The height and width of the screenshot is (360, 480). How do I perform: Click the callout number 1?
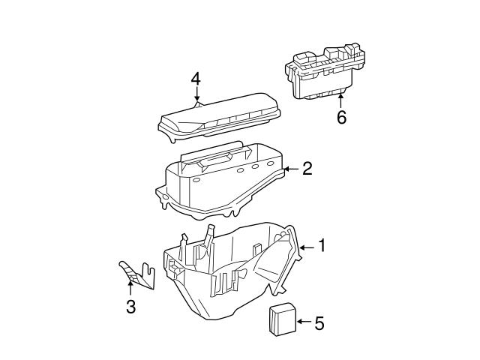(322, 245)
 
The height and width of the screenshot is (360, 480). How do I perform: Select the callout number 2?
(307, 168)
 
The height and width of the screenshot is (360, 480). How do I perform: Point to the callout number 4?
(196, 79)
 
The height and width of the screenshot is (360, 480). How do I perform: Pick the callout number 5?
(319, 323)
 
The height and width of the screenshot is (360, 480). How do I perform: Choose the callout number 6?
(341, 118)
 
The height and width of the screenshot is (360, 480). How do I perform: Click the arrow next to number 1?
(306, 246)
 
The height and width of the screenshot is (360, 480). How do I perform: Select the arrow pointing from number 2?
(291, 169)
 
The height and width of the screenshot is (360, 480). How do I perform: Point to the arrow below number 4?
(196, 96)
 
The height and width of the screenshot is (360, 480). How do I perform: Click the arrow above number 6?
(341, 98)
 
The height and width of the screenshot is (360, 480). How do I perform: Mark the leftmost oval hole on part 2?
(196, 181)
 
